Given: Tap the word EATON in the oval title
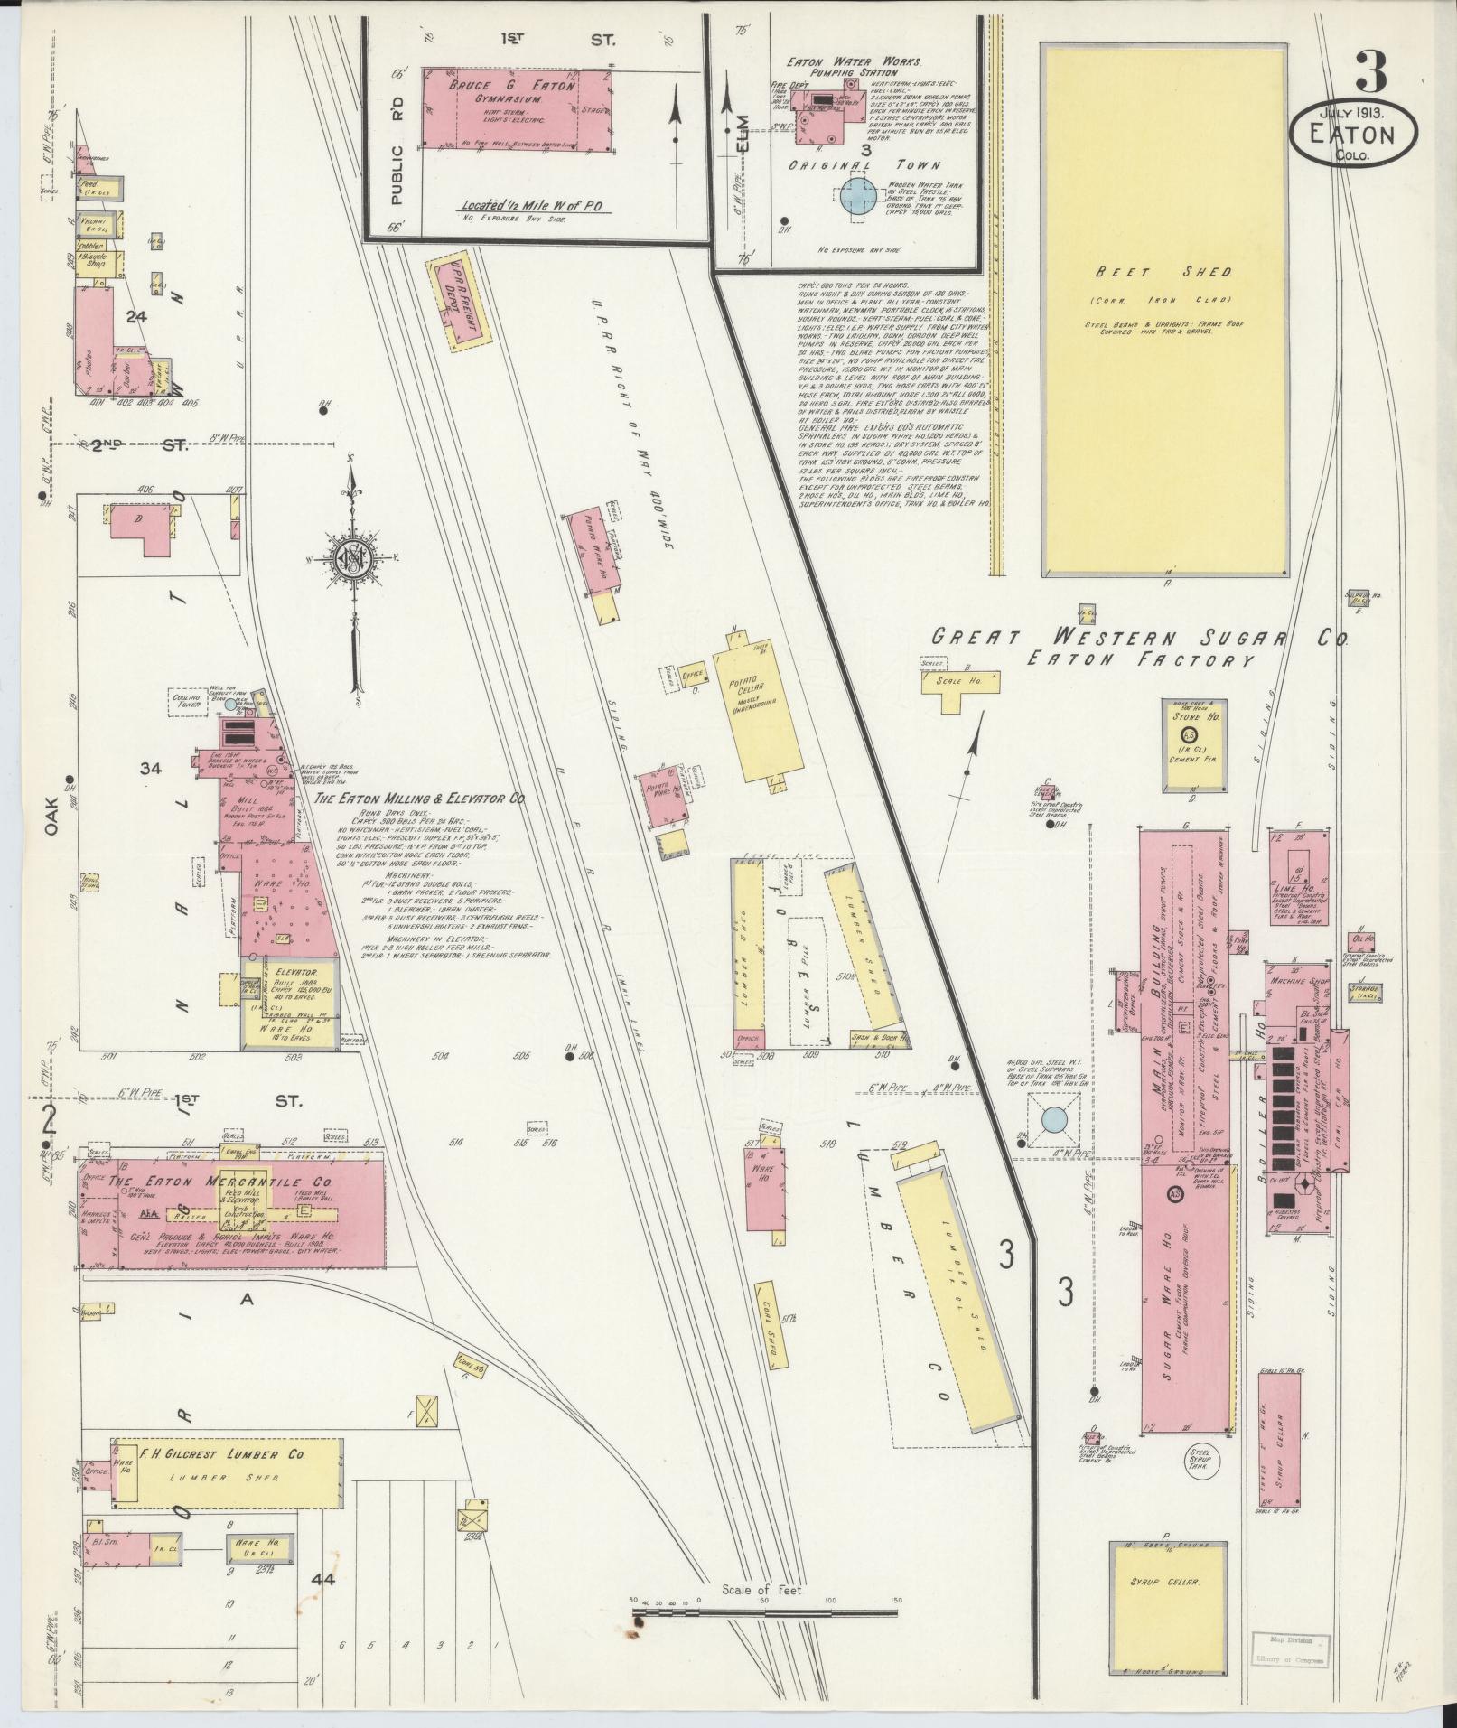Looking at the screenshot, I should click(1352, 135).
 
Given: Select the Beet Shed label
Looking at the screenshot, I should click(1163, 272).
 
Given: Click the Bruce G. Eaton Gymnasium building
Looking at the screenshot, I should click(516, 110).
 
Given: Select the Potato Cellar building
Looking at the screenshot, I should click(757, 710).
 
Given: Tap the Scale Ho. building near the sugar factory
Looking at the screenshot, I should click(960, 681).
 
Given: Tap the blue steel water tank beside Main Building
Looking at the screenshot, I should click(1053, 1120).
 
